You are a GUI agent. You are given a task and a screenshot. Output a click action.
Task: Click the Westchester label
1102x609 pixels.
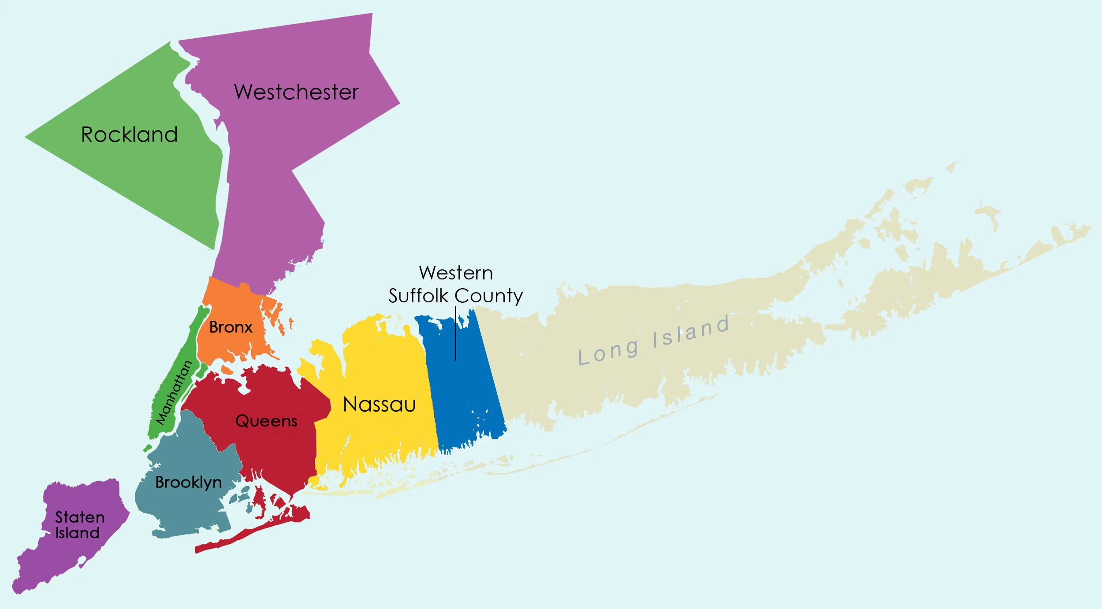click(x=296, y=92)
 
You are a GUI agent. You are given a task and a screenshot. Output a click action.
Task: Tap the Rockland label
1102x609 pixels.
click(x=129, y=134)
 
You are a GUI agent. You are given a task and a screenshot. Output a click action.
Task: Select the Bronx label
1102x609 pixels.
click(x=231, y=327)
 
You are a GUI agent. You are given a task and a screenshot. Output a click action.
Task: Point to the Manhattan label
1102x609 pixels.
click(x=175, y=393)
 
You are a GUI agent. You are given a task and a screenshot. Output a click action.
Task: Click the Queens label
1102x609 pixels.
click(x=266, y=421)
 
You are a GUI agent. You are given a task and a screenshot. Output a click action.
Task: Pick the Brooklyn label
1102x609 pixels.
click(x=188, y=483)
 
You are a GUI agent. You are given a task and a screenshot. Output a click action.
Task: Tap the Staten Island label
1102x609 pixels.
click(x=79, y=525)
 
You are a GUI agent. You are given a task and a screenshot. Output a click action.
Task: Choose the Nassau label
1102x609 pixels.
click(x=379, y=405)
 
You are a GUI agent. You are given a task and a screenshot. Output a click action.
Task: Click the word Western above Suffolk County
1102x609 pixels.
click(x=456, y=273)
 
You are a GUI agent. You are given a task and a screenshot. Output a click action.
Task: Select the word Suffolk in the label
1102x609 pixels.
click(x=418, y=296)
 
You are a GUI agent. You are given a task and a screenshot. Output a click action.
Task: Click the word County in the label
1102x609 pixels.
click(x=489, y=296)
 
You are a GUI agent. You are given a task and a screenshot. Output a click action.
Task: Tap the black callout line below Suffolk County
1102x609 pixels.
click(x=455, y=335)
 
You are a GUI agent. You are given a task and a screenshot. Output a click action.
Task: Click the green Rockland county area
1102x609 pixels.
click(x=145, y=176)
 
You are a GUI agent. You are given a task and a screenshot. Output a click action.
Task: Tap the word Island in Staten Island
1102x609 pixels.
click(x=77, y=533)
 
